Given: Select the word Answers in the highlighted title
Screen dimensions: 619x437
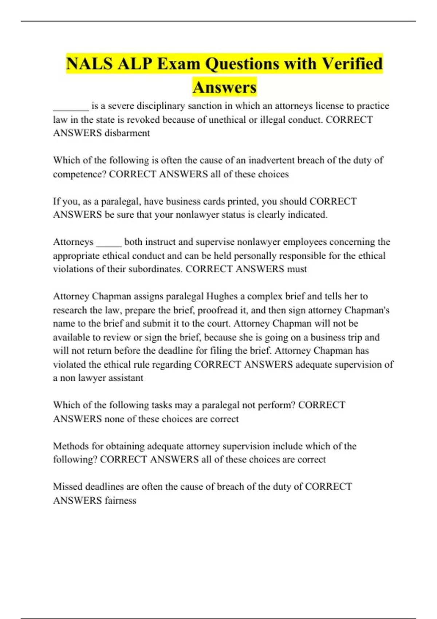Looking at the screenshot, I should tap(225, 87).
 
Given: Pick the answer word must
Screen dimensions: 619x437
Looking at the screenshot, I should tap(297, 269).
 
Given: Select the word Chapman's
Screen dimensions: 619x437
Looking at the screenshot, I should tap(367, 310).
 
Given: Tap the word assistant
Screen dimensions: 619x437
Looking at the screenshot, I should tap(126, 378).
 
